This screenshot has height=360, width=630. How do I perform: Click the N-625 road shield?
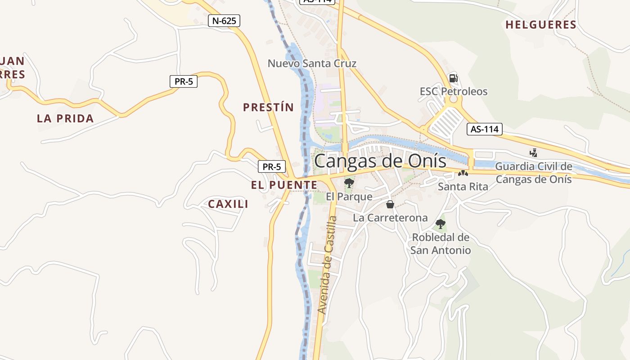click(224, 21)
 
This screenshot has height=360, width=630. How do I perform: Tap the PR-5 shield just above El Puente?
click(272, 166)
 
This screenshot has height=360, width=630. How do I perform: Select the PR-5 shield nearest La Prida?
click(183, 82)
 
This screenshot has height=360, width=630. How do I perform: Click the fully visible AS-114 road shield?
click(484, 130)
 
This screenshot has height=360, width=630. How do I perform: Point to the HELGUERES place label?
click(541, 25)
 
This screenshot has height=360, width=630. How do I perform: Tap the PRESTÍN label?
click(268, 108)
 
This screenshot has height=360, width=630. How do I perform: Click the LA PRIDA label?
click(65, 119)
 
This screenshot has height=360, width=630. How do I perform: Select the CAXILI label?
click(228, 204)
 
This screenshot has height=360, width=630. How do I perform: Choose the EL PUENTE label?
click(284, 185)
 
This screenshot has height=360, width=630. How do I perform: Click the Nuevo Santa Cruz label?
click(312, 63)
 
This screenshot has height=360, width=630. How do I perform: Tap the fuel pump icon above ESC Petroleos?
click(454, 78)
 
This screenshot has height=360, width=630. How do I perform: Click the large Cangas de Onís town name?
click(380, 161)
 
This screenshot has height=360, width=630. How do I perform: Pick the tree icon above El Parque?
click(349, 183)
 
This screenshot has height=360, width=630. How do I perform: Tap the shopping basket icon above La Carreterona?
click(390, 205)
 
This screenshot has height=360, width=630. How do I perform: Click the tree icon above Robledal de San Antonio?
click(441, 224)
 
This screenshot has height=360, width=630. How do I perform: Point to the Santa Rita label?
click(463, 186)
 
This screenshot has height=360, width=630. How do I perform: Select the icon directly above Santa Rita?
click(463, 173)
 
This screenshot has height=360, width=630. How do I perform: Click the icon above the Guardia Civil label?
click(533, 153)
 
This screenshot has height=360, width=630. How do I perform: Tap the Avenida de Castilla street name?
click(327, 265)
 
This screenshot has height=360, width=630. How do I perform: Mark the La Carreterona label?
click(390, 218)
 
